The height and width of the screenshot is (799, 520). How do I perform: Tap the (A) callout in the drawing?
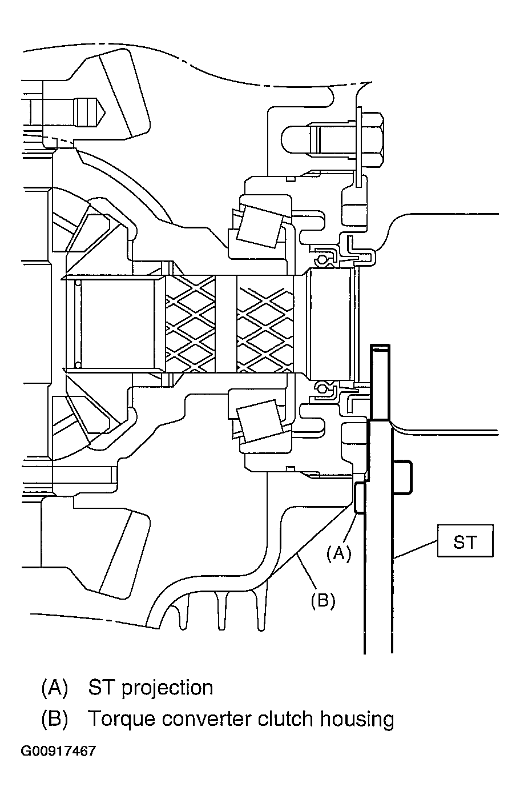(x=338, y=553)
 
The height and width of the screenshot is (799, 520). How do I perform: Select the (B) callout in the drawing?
(x=323, y=600)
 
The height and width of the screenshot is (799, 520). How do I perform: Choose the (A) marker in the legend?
(x=55, y=687)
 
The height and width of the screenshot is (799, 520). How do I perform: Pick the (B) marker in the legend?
(x=55, y=719)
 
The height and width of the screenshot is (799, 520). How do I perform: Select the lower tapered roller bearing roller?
(x=260, y=423)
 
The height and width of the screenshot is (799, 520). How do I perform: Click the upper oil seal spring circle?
(x=323, y=260)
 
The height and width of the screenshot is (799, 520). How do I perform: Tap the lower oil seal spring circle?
(x=323, y=390)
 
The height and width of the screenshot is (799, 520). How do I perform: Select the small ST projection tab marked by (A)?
(x=360, y=497)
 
